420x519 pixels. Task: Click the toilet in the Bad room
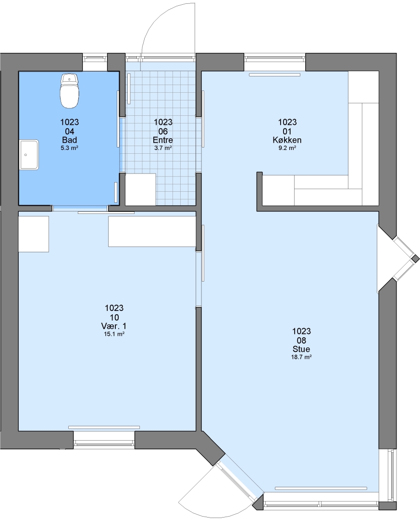point(70,91)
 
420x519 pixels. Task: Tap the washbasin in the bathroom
point(29,155)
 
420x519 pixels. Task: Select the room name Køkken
point(287,140)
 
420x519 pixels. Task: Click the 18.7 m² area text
point(301,357)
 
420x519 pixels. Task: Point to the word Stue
point(301,349)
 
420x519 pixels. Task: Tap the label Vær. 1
point(114,326)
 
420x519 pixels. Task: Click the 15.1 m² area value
point(114,334)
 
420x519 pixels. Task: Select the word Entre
point(163,140)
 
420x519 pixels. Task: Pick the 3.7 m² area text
point(163,148)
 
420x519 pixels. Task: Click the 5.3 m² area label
point(70,148)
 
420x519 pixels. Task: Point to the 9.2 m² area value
point(287,148)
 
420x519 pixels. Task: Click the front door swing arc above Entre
point(156,20)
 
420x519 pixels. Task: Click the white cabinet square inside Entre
point(141,189)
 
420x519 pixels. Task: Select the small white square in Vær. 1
point(34,234)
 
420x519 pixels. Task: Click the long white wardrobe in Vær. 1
point(152,231)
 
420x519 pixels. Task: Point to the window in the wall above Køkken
point(275,59)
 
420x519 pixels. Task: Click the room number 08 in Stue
point(301,340)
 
